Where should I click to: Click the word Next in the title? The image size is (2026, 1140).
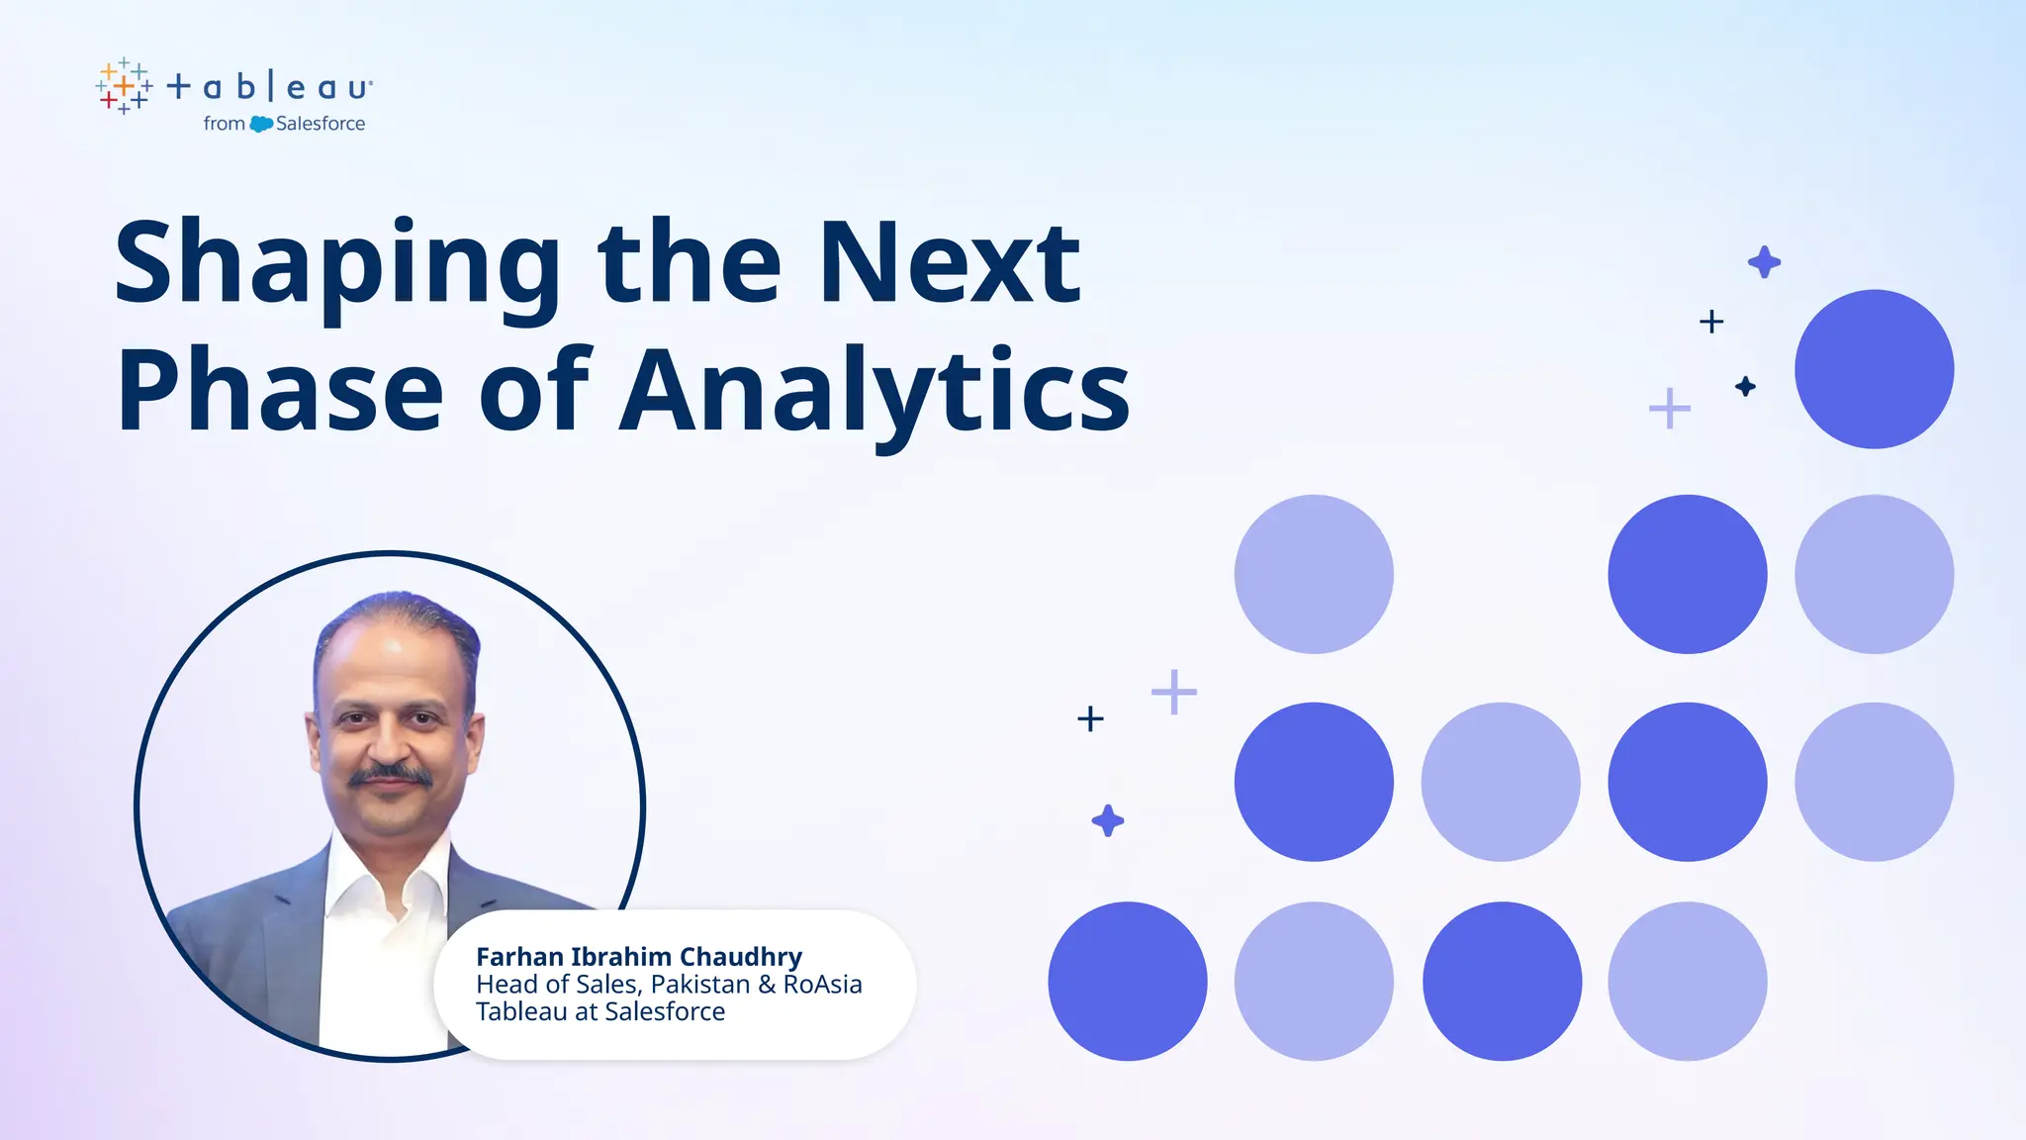click(x=950, y=263)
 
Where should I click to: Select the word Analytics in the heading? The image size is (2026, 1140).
click(x=875, y=392)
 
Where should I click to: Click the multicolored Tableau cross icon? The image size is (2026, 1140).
click(x=125, y=86)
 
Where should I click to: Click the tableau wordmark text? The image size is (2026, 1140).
click(x=270, y=87)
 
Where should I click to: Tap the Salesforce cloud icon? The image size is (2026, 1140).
click(x=261, y=124)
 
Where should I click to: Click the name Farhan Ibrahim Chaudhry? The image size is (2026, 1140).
click(x=639, y=956)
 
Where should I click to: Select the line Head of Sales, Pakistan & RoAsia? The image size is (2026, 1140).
click(x=669, y=984)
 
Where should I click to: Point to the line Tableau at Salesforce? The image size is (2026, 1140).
click(x=600, y=1011)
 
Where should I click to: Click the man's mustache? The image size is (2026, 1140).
click(x=392, y=776)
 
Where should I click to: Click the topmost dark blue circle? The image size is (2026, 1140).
click(x=1874, y=369)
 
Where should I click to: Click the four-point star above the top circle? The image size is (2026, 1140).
click(x=1764, y=262)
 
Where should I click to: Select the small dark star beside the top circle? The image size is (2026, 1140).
click(x=1745, y=386)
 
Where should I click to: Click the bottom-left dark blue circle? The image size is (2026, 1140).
click(x=1128, y=981)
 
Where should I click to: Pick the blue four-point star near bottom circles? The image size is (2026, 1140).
click(x=1108, y=820)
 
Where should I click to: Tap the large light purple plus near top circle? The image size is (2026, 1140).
click(x=1670, y=408)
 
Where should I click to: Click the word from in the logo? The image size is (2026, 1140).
click(x=224, y=124)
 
